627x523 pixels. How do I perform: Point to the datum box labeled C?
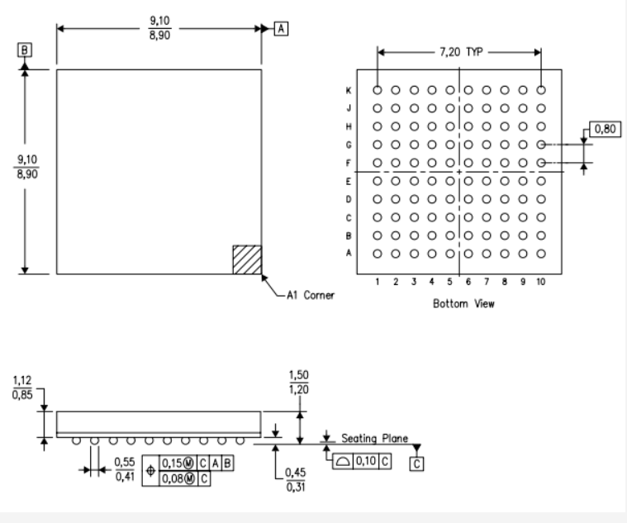tap(416, 464)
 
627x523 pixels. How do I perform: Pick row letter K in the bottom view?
tap(349, 90)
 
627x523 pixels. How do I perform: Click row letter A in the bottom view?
tap(349, 254)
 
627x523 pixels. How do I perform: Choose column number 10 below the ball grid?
tap(540, 282)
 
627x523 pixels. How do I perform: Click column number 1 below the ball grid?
tap(378, 282)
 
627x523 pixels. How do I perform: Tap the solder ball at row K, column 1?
tap(378, 90)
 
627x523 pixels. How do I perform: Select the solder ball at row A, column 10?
tap(541, 254)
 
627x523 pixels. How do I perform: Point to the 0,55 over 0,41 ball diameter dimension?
tap(123, 468)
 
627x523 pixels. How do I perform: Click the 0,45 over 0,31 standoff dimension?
tap(293, 479)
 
